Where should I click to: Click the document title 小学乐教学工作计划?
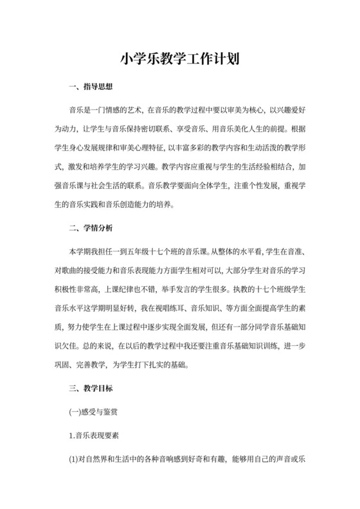180,60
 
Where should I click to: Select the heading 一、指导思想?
91,87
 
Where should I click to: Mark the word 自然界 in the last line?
95,460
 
